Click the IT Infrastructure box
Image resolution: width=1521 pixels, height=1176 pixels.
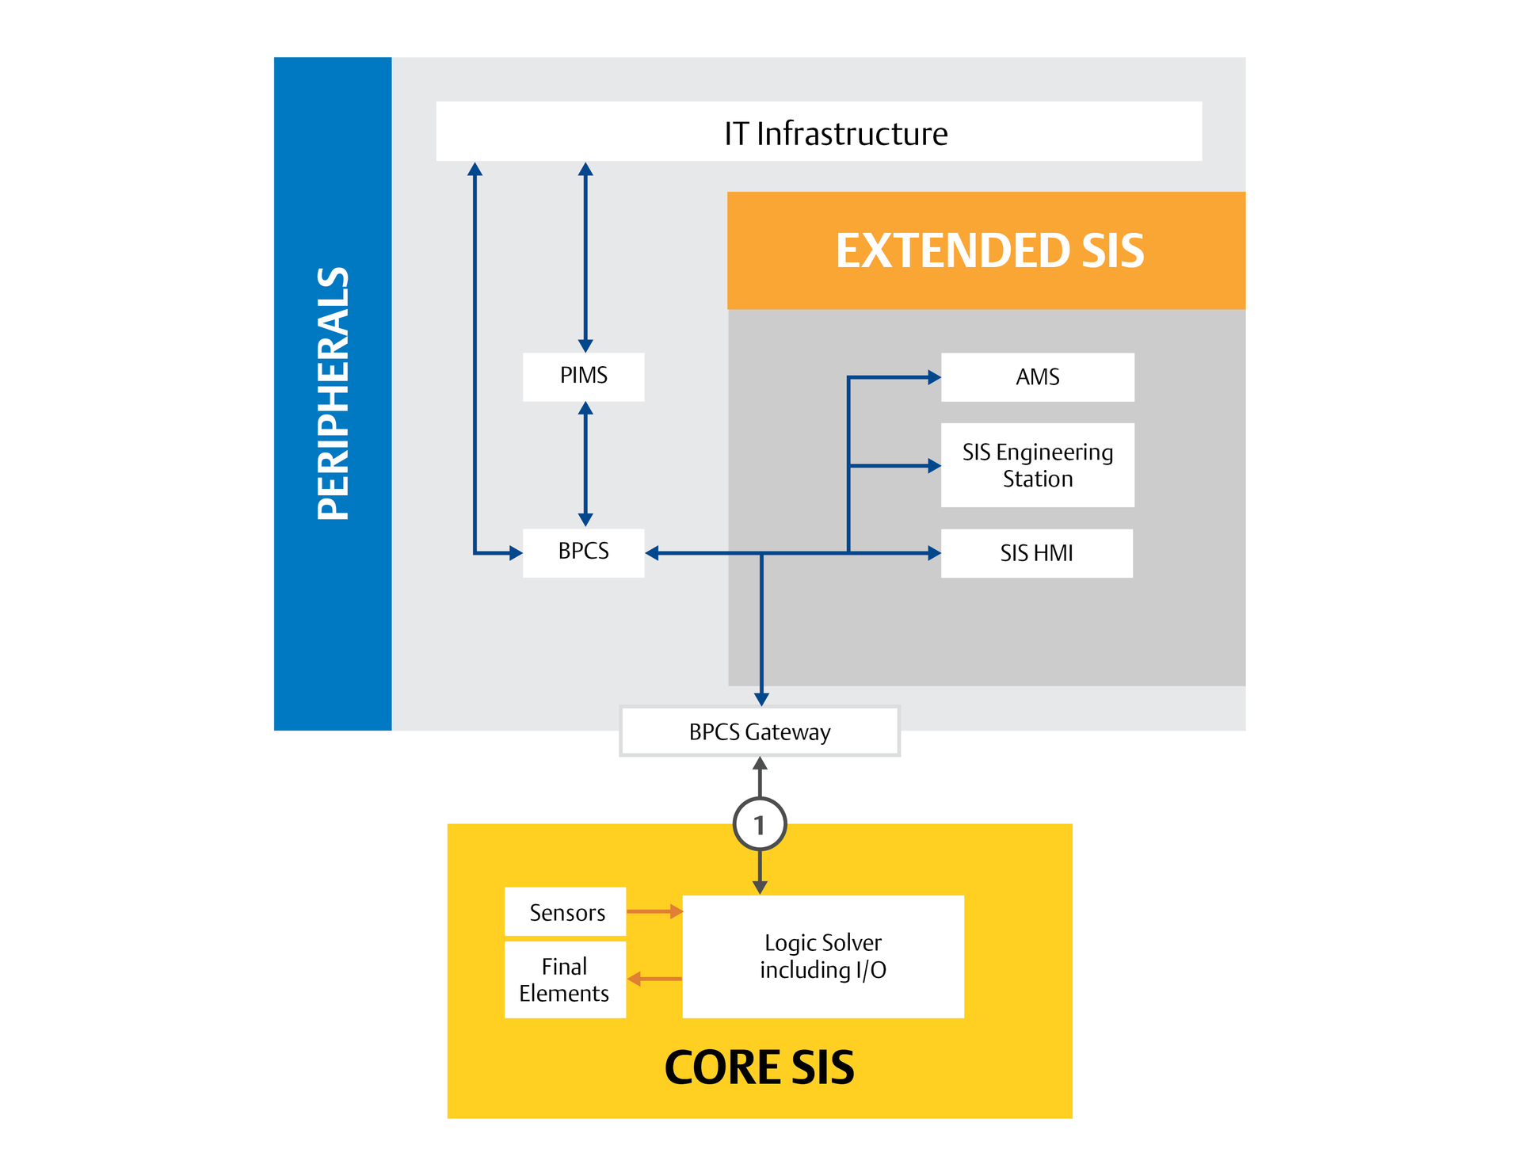818,132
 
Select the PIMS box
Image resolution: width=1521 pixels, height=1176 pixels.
583,376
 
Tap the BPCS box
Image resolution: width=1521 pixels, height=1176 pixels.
583,552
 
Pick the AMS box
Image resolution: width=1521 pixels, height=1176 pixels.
1037,377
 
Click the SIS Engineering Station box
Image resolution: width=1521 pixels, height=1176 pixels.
1037,465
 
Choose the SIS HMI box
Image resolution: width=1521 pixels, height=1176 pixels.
1036,553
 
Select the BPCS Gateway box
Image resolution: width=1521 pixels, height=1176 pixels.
760,731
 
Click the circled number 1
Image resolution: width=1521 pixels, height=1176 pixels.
760,825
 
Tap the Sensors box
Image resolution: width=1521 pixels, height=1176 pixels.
566,912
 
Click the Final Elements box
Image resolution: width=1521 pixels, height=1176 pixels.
565,979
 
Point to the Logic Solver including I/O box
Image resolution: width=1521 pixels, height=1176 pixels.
823,956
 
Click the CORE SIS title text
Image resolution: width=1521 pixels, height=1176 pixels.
759,1067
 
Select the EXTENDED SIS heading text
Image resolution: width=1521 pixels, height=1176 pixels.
989,250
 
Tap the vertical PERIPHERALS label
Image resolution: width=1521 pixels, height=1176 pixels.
333,394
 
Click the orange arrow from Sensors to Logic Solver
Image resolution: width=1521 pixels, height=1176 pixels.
654,911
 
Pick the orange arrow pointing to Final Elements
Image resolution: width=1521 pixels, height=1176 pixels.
654,979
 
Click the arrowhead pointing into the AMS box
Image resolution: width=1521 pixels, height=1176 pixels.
934,378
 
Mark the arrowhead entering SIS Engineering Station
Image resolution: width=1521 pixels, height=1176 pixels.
934,466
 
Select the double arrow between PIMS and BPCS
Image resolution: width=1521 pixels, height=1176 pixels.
585,464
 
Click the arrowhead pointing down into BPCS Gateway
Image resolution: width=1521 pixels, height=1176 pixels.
761,699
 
